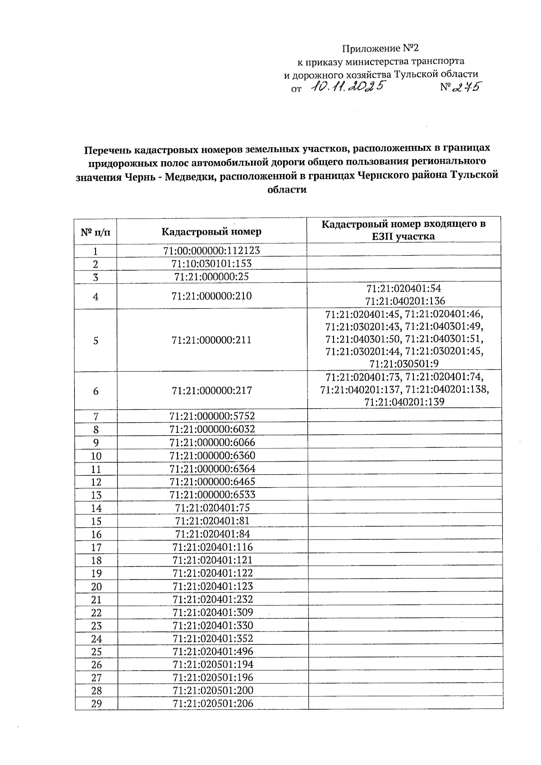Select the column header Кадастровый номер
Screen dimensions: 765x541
211,232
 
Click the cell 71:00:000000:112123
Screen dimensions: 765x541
211,250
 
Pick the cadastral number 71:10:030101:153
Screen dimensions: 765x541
211,263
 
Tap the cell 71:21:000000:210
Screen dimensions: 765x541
211,296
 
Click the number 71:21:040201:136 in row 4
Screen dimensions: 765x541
404,301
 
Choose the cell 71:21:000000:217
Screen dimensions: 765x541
211,390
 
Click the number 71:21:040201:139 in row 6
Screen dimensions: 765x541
404,402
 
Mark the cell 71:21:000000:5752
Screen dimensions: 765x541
211,416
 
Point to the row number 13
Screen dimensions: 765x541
96,495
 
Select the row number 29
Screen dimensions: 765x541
96,704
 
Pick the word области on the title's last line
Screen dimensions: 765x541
287,190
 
